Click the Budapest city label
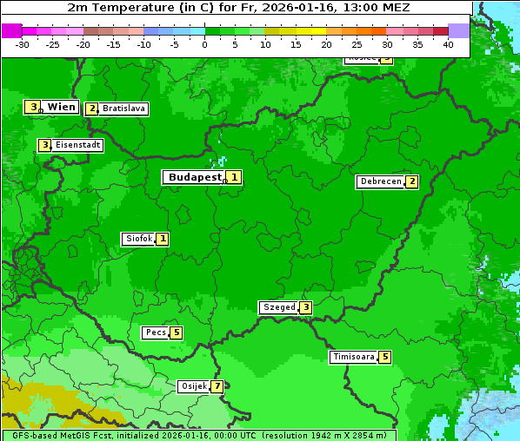[x=195, y=177]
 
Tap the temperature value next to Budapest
[x=234, y=177]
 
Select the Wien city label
[x=61, y=107]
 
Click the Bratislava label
[x=123, y=109]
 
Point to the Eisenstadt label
[x=77, y=146]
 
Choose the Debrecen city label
[x=380, y=182]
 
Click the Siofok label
[x=138, y=239]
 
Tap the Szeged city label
[x=278, y=307]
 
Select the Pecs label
[x=156, y=332]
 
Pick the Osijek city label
[x=193, y=386]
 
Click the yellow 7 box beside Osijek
[x=217, y=386]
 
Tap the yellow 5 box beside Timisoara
[x=384, y=357]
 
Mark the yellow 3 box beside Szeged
[x=304, y=307]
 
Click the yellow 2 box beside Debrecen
[x=411, y=182]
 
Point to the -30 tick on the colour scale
[x=23, y=44]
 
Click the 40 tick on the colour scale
[x=448, y=44]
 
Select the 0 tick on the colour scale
[x=205, y=44]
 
